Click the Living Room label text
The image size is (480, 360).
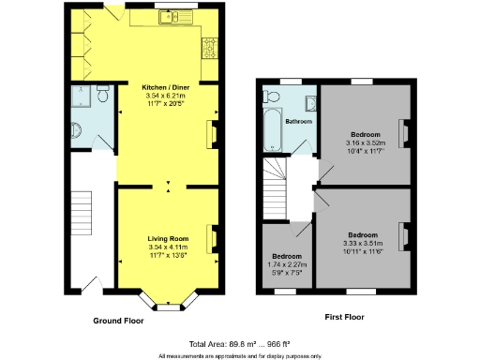click(x=168, y=239)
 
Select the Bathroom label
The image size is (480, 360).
click(x=298, y=122)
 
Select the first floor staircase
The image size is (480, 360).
click(x=277, y=187)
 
